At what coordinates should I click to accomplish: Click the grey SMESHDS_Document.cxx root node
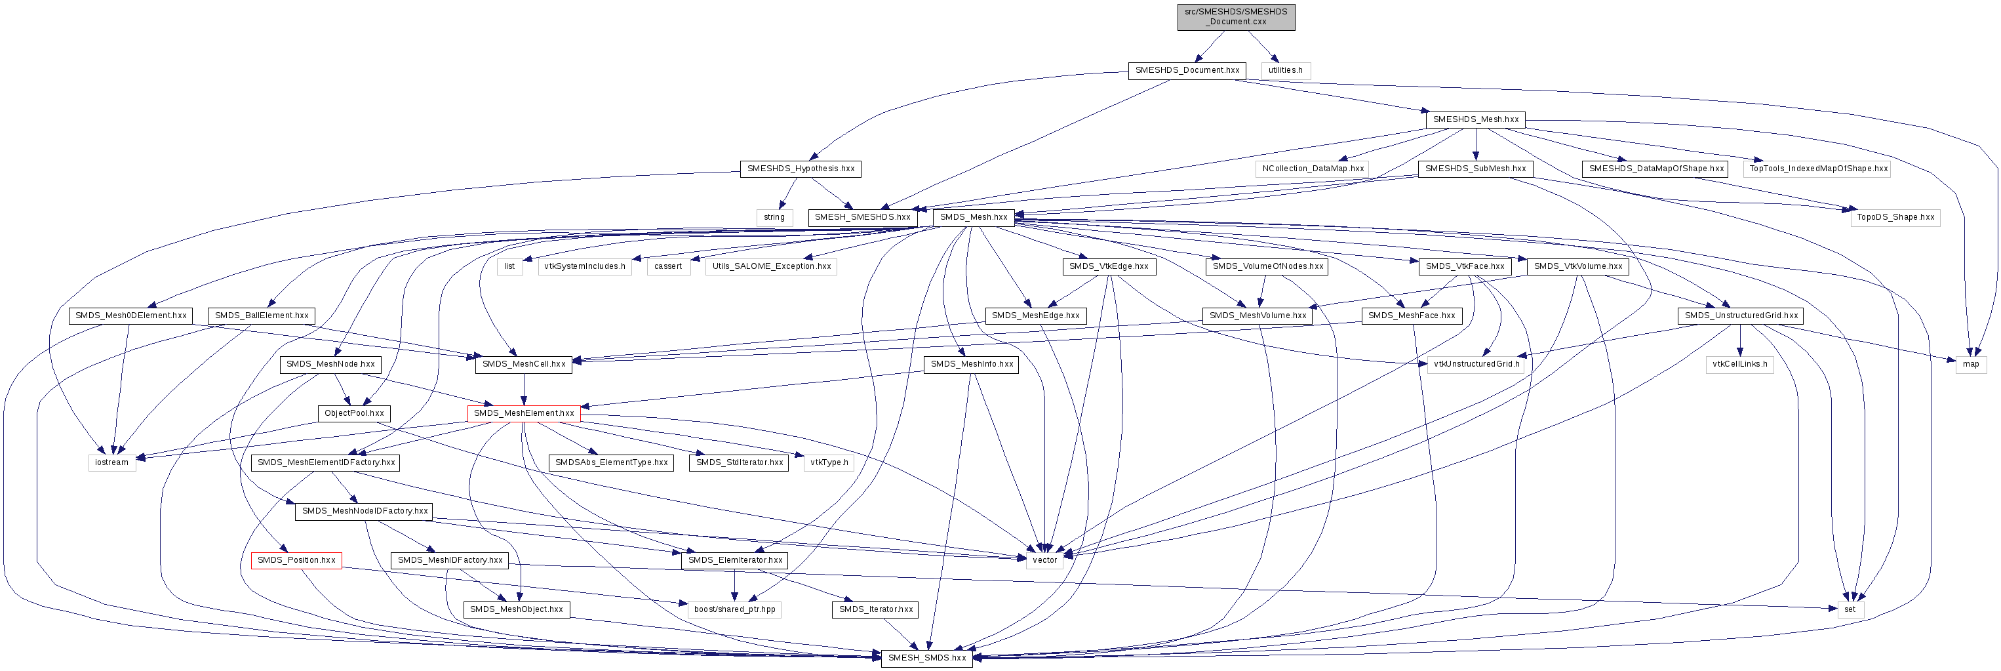pyautogui.click(x=1235, y=16)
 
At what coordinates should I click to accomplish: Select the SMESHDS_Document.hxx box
pyautogui.click(x=1186, y=71)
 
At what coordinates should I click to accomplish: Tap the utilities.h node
pyautogui.click(x=1285, y=71)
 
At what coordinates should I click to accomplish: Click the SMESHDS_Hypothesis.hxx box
pyautogui.click(x=800, y=169)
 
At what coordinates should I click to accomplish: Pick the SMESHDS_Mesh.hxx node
pyautogui.click(x=1475, y=120)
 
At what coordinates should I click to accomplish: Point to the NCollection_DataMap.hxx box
pyautogui.click(x=1312, y=169)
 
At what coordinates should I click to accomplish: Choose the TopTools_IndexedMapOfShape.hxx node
pyautogui.click(x=1817, y=169)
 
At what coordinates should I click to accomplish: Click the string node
pyautogui.click(x=774, y=218)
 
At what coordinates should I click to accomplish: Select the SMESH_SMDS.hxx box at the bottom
pyautogui.click(x=926, y=659)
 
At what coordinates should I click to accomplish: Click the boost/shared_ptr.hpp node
pyautogui.click(x=734, y=609)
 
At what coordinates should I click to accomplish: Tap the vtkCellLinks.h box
pyautogui.click(x=1739, y=365)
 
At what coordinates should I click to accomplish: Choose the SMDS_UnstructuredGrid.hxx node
pyautogui.click(x=1739, y=315)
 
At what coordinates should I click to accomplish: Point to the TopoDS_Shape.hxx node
pyautogui.click(x=1895, y=218)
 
